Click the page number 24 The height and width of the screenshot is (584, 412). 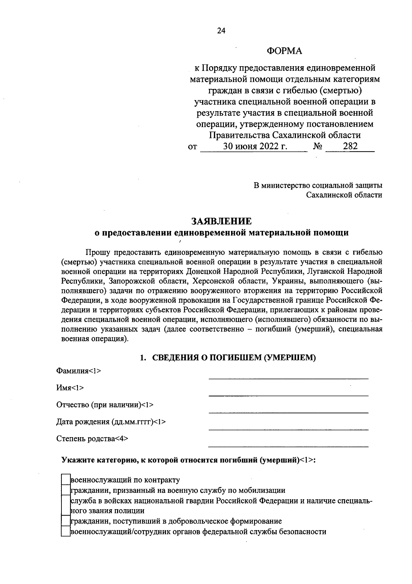click(221, 31)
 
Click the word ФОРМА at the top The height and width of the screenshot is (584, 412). click(284, 51)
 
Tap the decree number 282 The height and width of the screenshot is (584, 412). click(350, 147)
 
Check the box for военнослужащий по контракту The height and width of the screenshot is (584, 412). click(66, 479)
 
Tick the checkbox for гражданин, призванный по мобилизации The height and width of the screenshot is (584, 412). click(66, 490)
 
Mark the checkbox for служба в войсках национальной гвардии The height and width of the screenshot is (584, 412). click(66, 505)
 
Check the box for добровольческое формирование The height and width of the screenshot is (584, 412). click(66, 521)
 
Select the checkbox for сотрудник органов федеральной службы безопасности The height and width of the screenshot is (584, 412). click(66, 532)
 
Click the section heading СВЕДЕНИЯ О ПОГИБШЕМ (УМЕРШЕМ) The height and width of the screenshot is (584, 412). click(233, 358)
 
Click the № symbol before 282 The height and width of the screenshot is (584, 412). click(318, 147)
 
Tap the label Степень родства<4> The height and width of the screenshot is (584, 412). click(92, 439)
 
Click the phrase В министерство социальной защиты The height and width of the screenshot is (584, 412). click(318, 186)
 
